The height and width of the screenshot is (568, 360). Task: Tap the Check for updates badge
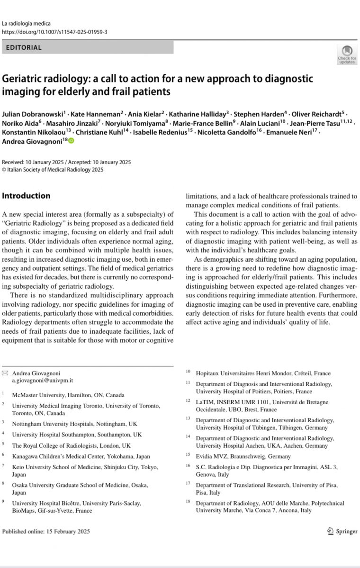pyautogui.click(x=347, y=54)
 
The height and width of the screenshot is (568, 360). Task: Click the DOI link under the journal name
pyautogui.click(x=55, y=32)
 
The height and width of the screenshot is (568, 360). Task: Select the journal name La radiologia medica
pyautogui.click(x=27, y=23)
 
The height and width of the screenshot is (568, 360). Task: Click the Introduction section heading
pyautogui.click(x=26, y=195)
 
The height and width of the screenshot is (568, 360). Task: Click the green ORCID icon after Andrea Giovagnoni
pyautogui.click(x=72, y=141)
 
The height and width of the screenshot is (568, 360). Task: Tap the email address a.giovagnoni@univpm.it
pyautogui.click(x=43, y=380)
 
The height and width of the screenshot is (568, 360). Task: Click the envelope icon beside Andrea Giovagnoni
pyautogui.click(x=5, y=373)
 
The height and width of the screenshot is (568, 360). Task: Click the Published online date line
pyautogui.click(x=45, y=531)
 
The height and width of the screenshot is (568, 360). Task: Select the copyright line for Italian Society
pyautogui.click(x=53, y=170)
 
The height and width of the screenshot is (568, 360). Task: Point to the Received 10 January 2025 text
pyautogui.click(x=31, y=161)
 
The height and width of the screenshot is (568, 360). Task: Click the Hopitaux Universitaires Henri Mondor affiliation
pyautogui.click(x=263, y=373)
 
